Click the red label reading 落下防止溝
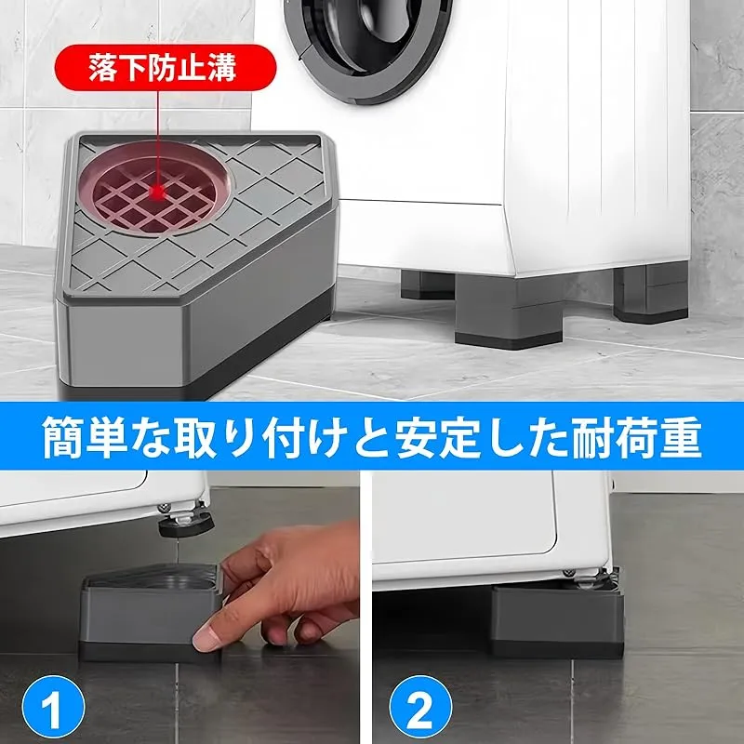[x=166, y=68]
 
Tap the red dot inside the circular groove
[x=158, y=193]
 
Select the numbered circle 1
[x=53, y=707]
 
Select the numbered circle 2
[x=420, y=707]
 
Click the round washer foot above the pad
[x=185, y=526]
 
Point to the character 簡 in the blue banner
[x=63, y=437]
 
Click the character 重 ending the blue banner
[x=681, y=437]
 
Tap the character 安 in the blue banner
[x=415, y=437]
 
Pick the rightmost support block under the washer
[x=650, y=293]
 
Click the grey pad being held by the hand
[x=151, y=612]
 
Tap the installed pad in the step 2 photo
[x=557, y=620]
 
